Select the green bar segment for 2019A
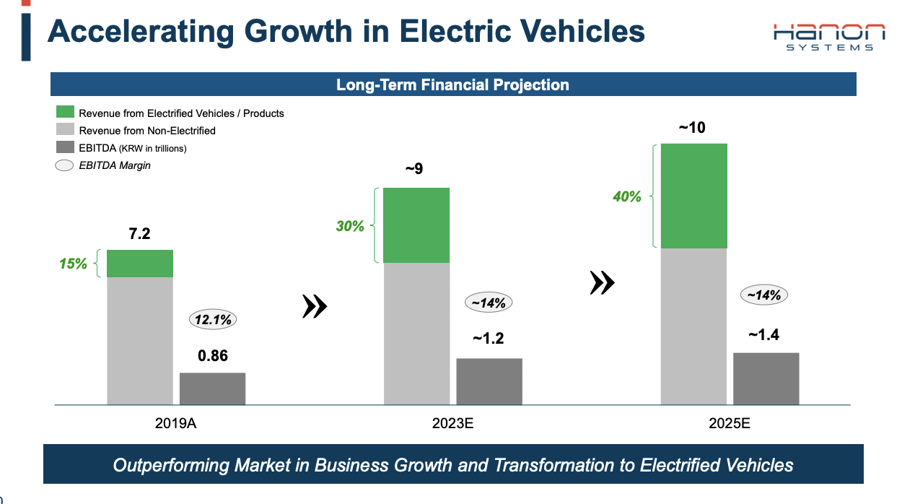tap(140, 264)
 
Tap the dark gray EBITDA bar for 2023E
tap(489, 381)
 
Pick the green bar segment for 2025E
tap(693, 196)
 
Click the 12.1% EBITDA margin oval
tap(212, 319)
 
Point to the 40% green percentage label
tap(626, 196)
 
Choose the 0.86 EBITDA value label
tap(212, 355)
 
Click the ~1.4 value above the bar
tap(763, 335)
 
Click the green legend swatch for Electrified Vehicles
tap(66, 113)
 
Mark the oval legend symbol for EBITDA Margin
tap(65, 165)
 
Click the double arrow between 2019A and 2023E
tap(314, 306)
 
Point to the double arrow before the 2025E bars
tap(602, 282)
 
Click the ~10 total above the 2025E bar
tap(692, 129)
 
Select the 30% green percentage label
tap(350, 226)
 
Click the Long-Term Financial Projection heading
tap(452, 85)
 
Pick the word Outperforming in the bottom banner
tap(164, 464)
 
